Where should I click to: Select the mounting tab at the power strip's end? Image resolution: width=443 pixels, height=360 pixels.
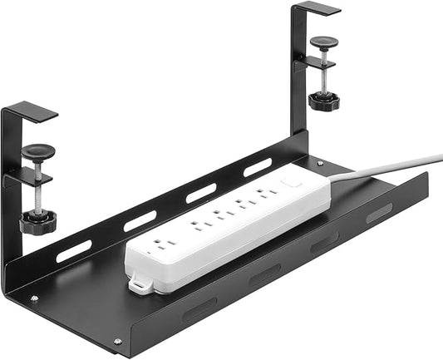(140, 285)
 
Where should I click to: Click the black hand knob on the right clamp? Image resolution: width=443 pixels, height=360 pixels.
(323, 102)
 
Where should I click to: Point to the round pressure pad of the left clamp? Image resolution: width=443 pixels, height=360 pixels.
(37, 151)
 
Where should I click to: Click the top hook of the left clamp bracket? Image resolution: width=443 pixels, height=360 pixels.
(29, 111)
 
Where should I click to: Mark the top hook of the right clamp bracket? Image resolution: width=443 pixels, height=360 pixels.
(316, 7)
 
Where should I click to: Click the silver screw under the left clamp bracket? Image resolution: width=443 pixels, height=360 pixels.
(34, 298)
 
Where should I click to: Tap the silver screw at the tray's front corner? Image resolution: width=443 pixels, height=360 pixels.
(117, 341)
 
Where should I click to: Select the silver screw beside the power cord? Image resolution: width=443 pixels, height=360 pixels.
(321, 163)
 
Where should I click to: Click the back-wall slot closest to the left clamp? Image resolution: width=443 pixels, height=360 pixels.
(73, 252)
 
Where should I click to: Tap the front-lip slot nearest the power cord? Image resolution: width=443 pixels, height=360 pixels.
(379, 213)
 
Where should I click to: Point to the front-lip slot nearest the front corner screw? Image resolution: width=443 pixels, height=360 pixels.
(199, 309)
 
